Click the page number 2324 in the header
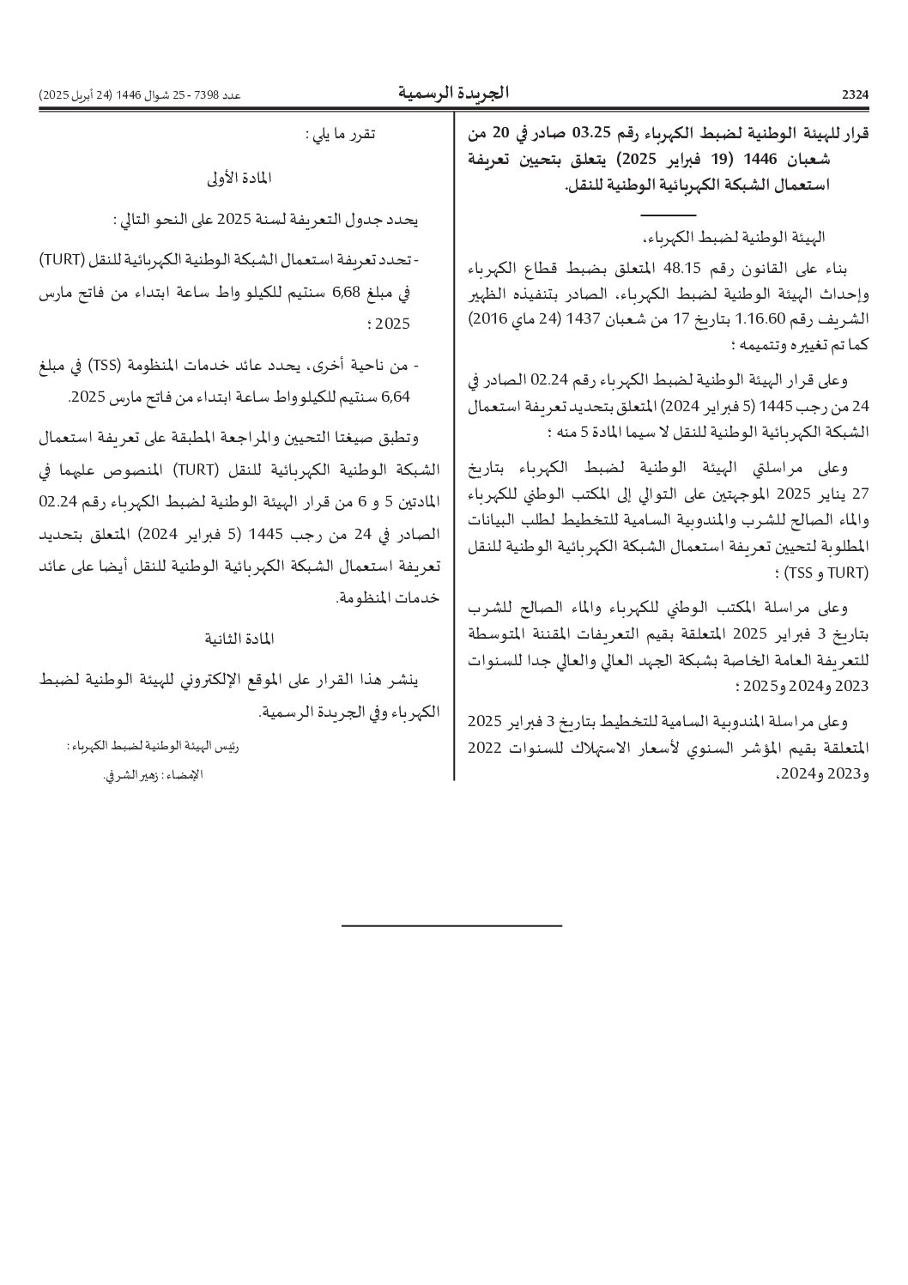pyautogui.click(x=855, y=94)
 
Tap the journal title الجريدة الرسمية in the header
pyautogui.click(x=453, y=93)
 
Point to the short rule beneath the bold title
pyautogui.click(x=668, y=214)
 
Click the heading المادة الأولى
pyautogui.click(x=239, y=178)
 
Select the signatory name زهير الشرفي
pyautogui.click(x=126, y=775)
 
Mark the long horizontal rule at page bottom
pyautogui.click(x=451, y=925)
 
